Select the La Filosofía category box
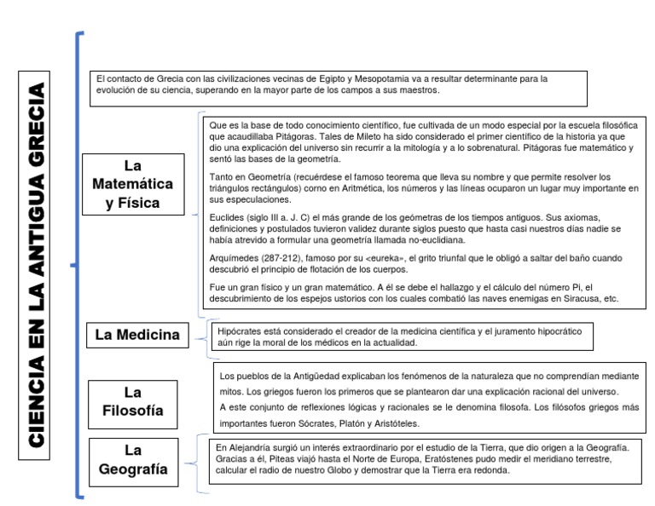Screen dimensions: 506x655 click(x=132, y=403)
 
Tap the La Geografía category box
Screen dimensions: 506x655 click(x=132, y=459)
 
